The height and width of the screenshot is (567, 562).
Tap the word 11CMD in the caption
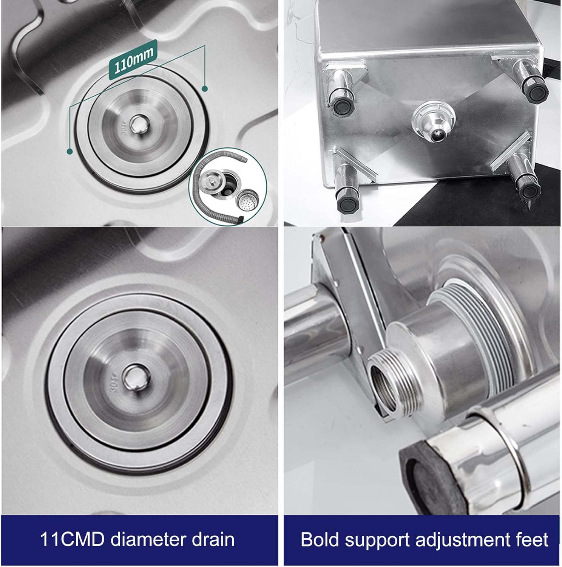[x=72, y=540]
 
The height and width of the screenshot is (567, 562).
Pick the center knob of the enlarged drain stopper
[x=135, y=377]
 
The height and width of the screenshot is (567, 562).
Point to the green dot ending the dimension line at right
[x=205, y=89]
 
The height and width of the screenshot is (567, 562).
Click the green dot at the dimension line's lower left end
[x=69, y=152]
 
